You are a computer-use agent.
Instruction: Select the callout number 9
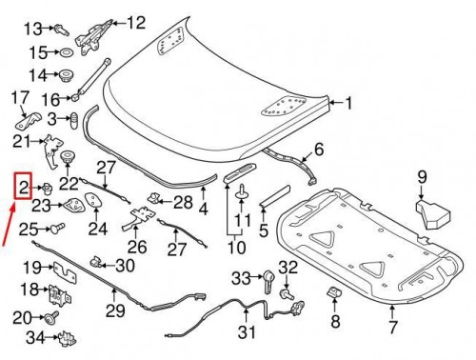(x=424, y=176)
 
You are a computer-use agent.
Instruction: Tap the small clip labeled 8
(x=334, y=291)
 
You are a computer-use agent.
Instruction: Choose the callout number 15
(x=38, y=51)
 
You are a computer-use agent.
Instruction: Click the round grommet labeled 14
(x=68, y=74)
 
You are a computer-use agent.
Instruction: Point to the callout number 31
(x=248, y=332)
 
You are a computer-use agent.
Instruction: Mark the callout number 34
(x=35, y=336)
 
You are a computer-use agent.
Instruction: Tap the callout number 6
(x=319, y=149)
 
